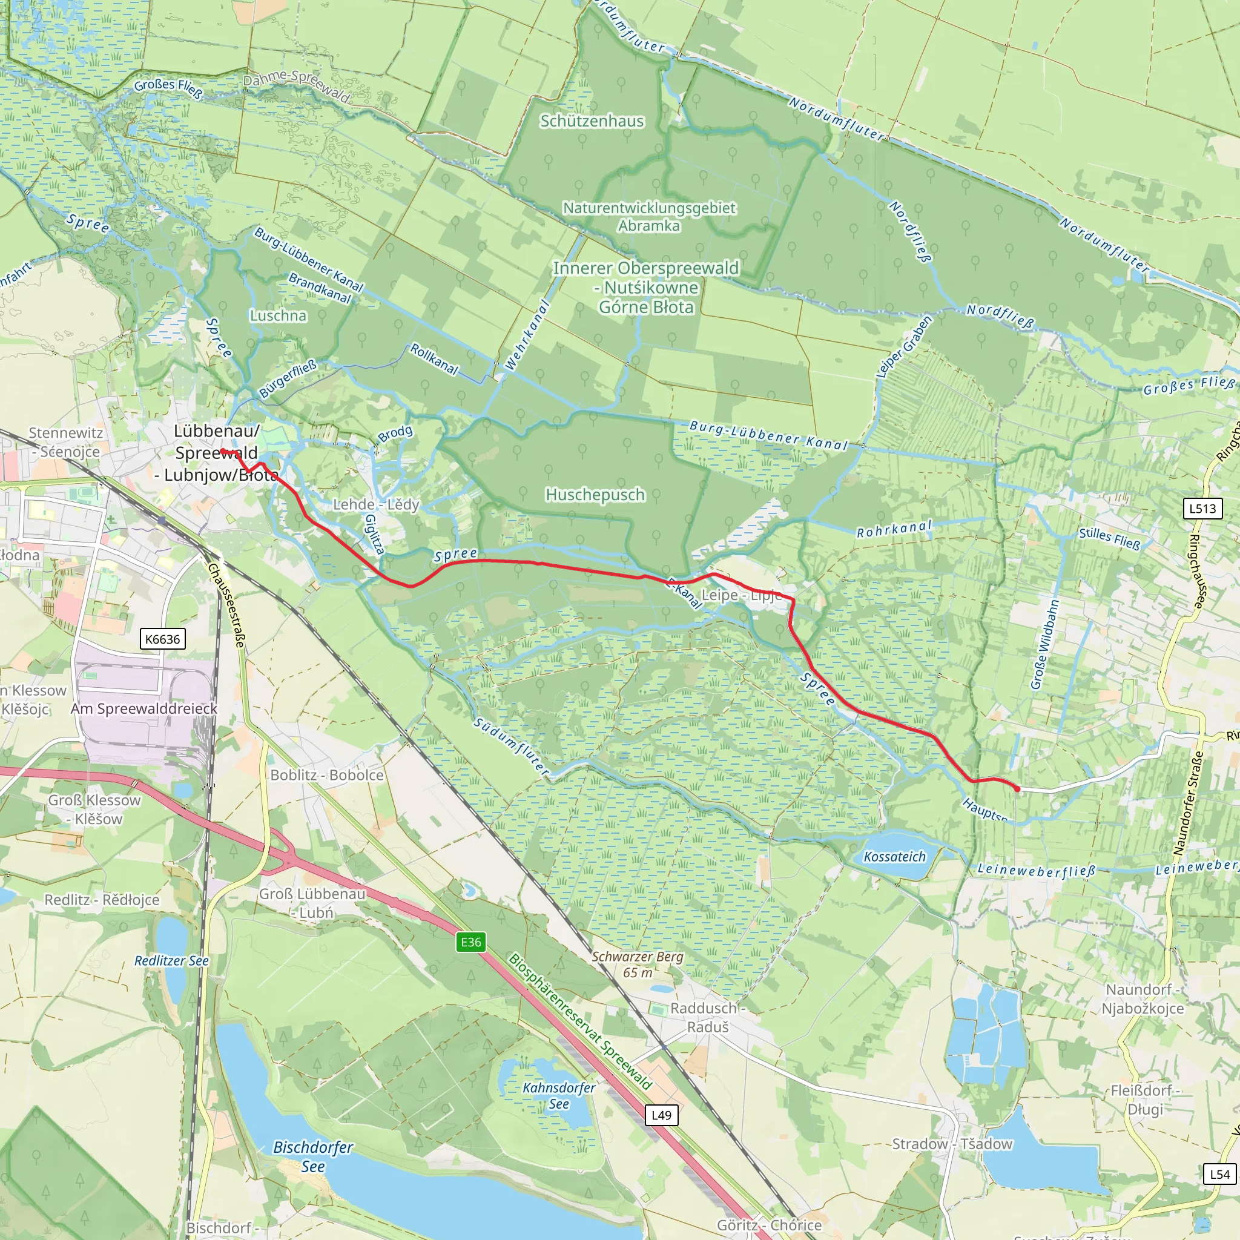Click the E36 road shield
[x=470, y=942]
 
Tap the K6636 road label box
[x=162, y=639]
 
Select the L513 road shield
[x=1202, y=509]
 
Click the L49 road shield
[x=661, y=1115]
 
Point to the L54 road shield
[x=1219, y=1175]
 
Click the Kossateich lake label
[x=895, y=857]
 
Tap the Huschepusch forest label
[x=595, y=495]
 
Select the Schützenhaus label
[x=592, y=120]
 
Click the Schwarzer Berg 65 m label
[x=638, y=964]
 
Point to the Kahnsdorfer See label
[x=559, y=1095]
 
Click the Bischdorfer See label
[x=313, y=1156]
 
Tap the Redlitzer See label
[x=171, y=961]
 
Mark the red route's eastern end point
[x=1017, y=789]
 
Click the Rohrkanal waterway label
[x=894, y=529]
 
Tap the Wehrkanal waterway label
[x=527, y=335]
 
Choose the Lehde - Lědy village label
[x=376, y=504]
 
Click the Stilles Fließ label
[x=1110, y=538]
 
